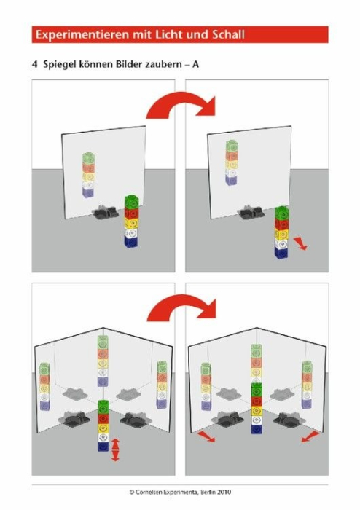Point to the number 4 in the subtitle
(x=35, y=65)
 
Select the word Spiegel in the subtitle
(x=60, y=65)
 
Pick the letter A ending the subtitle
(x=196, y=65)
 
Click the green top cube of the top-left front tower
(x=131, y=202)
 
